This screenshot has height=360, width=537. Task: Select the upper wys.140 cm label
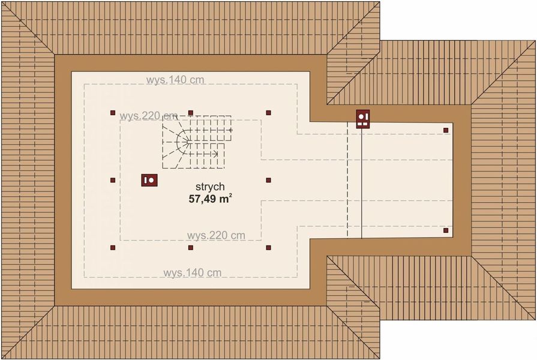(175, 79)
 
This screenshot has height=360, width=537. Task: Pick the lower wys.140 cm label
(192, 273)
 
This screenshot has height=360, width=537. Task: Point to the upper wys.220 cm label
(148, 116)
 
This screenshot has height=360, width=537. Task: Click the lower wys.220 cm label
(216, 235)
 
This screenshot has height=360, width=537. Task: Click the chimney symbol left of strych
(149, 179)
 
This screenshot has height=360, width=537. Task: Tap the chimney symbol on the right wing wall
(363, 119)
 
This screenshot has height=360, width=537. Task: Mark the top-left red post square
(112, 112)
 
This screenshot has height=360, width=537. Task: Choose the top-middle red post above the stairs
(190, 112)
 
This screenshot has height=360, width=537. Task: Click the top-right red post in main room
(268, 112)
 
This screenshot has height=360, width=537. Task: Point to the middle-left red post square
(112, 179)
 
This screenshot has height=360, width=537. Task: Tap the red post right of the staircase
(268, 179)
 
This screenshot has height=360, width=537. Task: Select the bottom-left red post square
(112, 247)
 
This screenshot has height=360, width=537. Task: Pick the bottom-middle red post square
(190, 247)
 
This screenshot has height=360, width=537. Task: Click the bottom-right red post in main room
(268, 247)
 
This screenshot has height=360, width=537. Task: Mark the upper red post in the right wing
(446, 130)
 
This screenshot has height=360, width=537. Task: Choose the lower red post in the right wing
(446, 230)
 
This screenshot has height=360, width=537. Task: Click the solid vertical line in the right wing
(362, 180)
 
